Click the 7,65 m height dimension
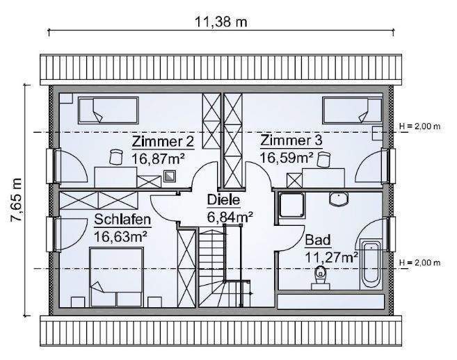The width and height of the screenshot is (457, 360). [x=16, y=199]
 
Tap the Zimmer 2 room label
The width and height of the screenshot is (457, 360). [x=163, y=142]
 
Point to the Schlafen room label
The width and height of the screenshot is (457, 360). [x=122, y=220]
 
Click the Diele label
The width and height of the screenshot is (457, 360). [x=223, y=201]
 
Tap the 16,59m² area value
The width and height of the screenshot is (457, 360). [x=287, y=158]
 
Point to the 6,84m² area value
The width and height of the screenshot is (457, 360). [x=230, y=217]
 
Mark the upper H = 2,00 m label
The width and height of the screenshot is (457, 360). [x=420, y=126]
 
